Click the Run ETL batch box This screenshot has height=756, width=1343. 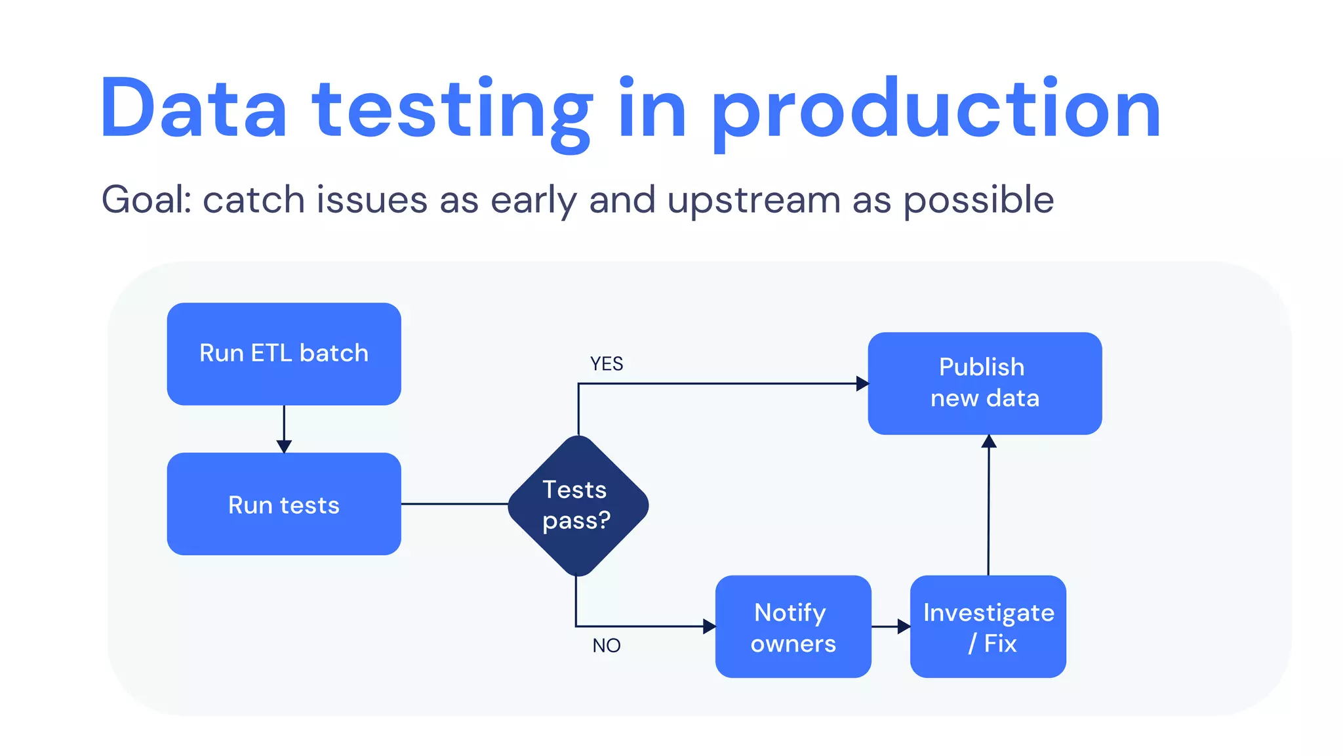coord(284,354)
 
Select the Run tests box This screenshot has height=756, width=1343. coord(284,504)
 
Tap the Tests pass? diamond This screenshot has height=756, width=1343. coord(578,505)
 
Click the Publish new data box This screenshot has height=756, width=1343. coord(984,383)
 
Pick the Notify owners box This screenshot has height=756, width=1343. coord(793,627)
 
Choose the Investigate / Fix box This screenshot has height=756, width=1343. coord(988,627)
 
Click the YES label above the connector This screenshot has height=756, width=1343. coord(607,364)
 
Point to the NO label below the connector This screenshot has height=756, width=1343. coord(607,646)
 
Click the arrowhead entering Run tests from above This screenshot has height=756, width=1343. coord(284,447)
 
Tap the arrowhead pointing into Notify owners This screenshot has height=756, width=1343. coord(710,627)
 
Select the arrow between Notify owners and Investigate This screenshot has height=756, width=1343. coord(891,627)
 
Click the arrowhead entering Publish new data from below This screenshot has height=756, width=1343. coord(989,441)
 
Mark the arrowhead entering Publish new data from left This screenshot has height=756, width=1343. coord(862,384)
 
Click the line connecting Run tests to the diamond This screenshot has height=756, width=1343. coord(454,504)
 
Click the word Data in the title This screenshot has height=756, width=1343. coord(193,108)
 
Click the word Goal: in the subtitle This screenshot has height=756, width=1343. coord(146,199)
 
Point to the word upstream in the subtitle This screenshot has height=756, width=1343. coord(753,201)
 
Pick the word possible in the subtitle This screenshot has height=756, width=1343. coord(978,201)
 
